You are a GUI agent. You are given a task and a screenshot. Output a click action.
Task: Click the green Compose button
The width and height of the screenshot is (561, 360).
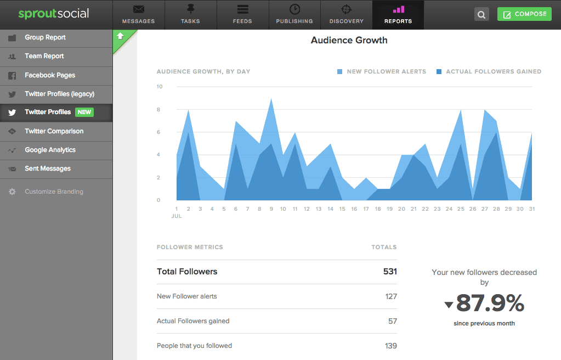[524, 14]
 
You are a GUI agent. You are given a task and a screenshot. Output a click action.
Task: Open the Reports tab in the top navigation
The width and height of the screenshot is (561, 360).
[398, 15]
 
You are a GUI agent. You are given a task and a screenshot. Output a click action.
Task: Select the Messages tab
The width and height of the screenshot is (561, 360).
[138, 15]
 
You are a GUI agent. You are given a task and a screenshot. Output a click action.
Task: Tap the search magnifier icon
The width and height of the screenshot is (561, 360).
[481, 14]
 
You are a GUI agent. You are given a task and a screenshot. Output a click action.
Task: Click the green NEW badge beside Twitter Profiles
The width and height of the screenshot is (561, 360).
[84, 112]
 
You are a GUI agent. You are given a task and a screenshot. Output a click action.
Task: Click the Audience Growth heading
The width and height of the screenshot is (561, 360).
[349, 40]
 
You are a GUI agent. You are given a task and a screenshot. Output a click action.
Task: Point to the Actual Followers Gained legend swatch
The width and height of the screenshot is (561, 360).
[439, 72]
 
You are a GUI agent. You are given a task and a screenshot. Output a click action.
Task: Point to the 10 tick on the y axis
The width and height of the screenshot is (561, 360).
[160, 87]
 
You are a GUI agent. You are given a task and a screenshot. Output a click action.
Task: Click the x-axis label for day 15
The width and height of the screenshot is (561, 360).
[342, 209]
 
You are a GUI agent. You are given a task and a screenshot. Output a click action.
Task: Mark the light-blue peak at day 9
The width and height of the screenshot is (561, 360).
[271, 99]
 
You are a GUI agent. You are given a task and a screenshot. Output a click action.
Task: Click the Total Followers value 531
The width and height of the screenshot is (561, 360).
[390, 272]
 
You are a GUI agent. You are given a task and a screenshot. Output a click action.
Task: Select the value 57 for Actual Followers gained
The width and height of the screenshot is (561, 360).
[393, 321]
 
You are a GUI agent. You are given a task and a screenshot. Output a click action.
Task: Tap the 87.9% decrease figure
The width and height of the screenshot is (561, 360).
[490, 303]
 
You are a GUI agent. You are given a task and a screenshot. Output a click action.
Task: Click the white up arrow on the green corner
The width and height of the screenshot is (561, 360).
[121, 36]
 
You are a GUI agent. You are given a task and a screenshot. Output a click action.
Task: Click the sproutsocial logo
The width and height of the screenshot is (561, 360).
[54, 14]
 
